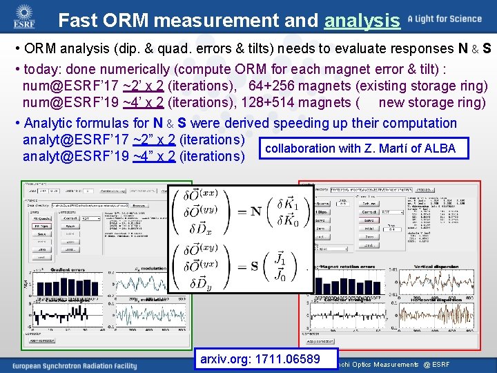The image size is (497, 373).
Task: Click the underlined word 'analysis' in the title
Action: click(x=362, y=21)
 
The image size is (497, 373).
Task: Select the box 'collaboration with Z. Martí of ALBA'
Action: click(x=360, y=148)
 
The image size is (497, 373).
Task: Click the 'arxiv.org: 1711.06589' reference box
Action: click(x=260, y=358)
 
